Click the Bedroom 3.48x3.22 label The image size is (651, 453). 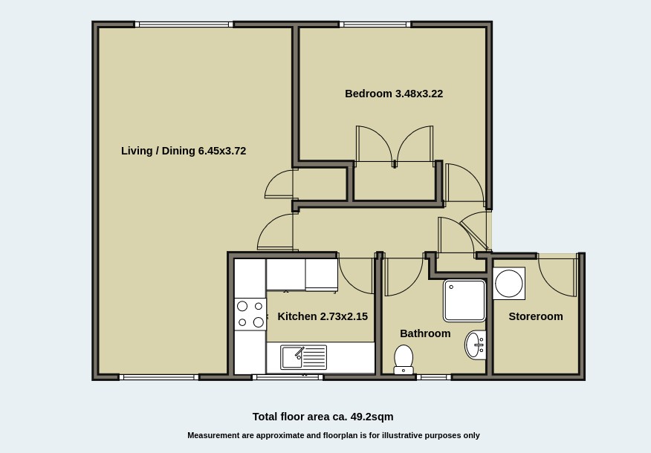pos(393,94)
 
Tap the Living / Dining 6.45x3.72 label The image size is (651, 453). pos(184,151)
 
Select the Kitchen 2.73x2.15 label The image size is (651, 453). pos(323,316)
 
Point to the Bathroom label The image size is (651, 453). pos(425,333)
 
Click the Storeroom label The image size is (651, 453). pos(535,316)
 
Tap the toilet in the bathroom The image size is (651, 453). pos(404,359)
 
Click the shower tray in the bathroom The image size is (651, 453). pos(464,300)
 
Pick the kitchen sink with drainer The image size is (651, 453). pos(303,357)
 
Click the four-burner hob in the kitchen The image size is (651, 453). pos(250,314)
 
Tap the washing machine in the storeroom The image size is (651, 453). pos(509,284)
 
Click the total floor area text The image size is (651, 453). pos(323,417)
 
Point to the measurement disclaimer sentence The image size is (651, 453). pos(333,435)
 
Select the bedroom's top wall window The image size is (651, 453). pos(375,25)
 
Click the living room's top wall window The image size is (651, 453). pos(184,25)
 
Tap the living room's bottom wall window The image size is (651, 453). pos(159,377)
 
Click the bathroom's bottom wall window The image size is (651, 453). pos(433,377)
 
